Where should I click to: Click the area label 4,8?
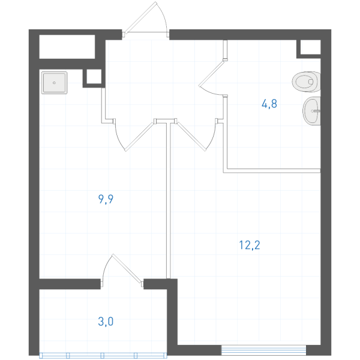point(269,104)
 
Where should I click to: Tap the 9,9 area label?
point(106,199)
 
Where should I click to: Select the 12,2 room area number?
point(250,245)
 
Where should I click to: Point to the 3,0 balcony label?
point(106,322)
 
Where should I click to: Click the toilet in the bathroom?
point(306,82)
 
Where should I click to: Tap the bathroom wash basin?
point(311,111)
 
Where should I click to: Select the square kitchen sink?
point(54,83)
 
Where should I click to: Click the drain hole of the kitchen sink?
point(54,83)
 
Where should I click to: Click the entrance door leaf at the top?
point(140,17)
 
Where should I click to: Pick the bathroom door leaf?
point(211,73)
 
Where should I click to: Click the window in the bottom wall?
point(263,350)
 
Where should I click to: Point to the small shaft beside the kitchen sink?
point(94,77)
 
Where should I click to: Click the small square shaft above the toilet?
point(310,47)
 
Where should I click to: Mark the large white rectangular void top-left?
point(67,47)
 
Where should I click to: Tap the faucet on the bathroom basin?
point(316,111)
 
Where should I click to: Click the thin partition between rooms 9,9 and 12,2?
point(169,200)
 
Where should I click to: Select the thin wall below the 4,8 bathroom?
point(272,171)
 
